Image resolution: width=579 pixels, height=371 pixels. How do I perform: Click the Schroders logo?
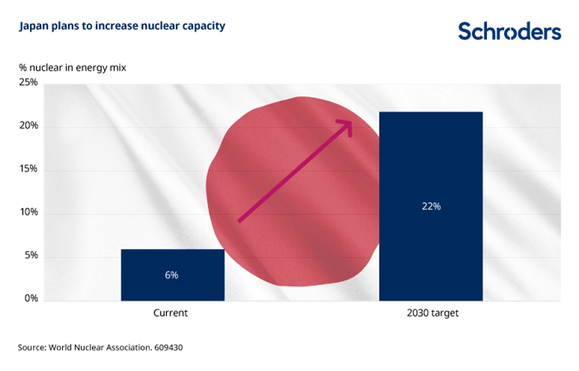click(x=510, y=31)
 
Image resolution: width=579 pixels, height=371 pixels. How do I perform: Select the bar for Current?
click(x=173, y=274)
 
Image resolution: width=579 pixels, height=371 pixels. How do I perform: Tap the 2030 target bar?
click(x=430, y=206)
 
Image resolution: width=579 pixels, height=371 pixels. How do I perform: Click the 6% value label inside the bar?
click(x=172, y=275)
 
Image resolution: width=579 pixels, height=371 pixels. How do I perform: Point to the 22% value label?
click(x=430, y=206)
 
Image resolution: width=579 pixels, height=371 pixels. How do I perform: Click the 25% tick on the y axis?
click(x=28, y=83)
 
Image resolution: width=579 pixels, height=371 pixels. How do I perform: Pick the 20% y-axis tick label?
click(x=28, y=126)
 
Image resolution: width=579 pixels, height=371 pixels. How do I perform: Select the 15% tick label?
click(x=28, y=169)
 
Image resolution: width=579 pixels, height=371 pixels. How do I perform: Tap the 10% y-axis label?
click(x=28, y=213)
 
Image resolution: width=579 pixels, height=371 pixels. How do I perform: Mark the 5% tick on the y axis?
click(x=30, y=256)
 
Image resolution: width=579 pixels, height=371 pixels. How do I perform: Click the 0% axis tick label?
click(x=30, y=299)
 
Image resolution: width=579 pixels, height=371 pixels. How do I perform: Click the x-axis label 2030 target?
click(x=432, y=313)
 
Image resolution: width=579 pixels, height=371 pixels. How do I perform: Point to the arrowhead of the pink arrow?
click(x=346, y=124)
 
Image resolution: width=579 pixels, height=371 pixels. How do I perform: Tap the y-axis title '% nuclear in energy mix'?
click(x=72, y=67)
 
